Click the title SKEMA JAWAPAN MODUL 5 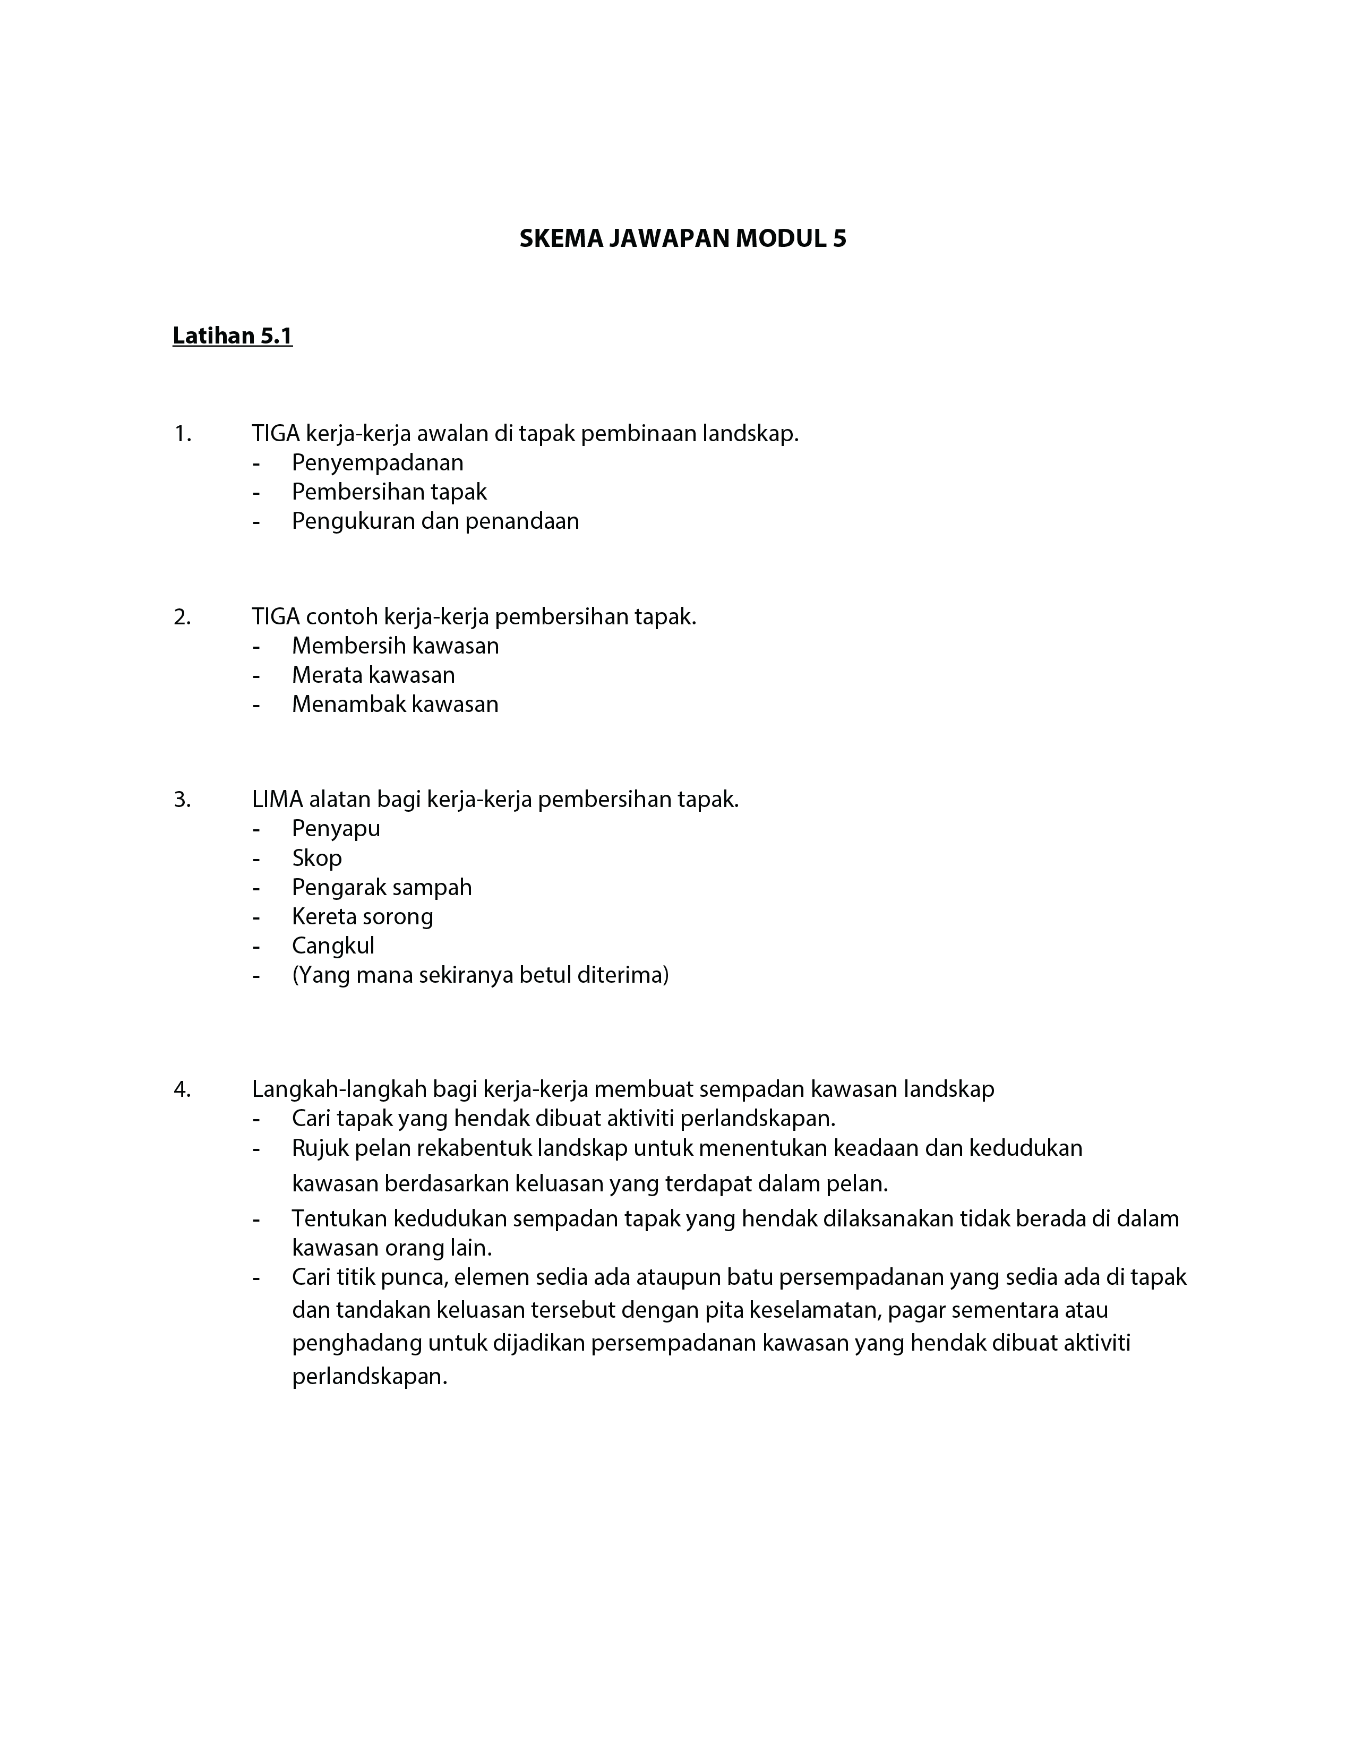tap(683, 238)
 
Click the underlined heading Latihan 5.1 tap(233, 336)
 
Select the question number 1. tap(182, 434)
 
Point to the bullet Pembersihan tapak tap(389, 492)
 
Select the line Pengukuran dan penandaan tap(435, 521)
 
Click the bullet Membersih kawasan tap(395, 646)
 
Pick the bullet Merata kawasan tap(373, 675)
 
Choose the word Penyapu tap(336, 829)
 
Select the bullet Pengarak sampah tap(382, 887)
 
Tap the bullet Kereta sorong tap(363, 916)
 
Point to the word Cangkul tap(333, 946)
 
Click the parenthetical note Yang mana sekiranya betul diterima tap(479, 975)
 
